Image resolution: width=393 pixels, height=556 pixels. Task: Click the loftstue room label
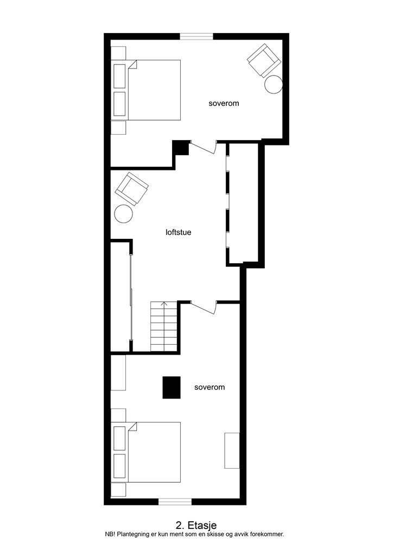tap(178, 232)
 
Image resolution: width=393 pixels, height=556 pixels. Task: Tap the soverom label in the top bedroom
tap(224, 103)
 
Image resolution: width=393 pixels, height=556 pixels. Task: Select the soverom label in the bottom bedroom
tap(210, 388)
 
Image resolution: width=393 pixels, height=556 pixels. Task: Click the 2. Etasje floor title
tap(196, 525)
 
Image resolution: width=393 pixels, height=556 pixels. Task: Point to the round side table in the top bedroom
tap(274, 85)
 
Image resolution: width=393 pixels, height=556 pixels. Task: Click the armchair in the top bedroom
tap(264, 60)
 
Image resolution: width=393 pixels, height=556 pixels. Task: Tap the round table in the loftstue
tap(124, 213)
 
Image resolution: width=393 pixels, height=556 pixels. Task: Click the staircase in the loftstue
tap(164, 327)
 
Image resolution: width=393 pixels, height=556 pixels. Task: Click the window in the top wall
tap(196, 36)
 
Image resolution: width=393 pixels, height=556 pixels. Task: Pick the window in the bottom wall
tap(175, 501)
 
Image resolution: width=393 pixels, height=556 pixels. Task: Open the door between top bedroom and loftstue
tap(203, 146)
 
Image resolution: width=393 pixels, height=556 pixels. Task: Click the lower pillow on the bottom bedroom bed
tap(119, 466)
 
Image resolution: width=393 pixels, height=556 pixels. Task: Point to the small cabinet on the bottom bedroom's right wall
tap(232, 450)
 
